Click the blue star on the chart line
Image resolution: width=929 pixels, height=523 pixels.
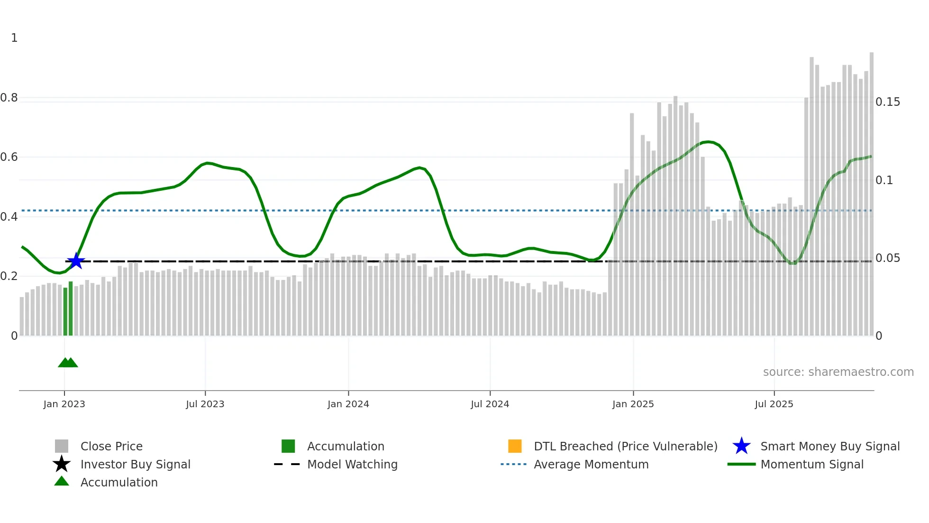click(76, 261)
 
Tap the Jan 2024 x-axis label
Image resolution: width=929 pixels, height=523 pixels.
click(348, 404)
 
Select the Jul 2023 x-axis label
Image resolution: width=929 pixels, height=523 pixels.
click(205, 404)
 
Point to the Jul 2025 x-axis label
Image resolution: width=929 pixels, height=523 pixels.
click(774, 404)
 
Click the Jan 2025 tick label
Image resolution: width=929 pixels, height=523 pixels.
click(633, 404)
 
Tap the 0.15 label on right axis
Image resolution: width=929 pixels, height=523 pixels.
click(887, 102)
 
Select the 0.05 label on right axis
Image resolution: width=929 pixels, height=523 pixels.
click(887, 258)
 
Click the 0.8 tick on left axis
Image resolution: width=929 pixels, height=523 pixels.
click(9, 98)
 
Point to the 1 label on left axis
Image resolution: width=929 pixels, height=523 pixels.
click(14, 38)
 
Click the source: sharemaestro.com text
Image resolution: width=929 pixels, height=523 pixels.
click(838, 372)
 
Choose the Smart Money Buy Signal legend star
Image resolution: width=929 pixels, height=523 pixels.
click(741, 446)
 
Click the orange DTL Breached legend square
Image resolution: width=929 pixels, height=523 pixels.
click(515, 446)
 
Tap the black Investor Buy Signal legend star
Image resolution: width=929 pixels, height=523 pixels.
click(62, 464)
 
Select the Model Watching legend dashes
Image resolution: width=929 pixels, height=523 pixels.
click(287, 464)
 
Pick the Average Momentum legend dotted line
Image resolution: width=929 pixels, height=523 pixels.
click(513, 464)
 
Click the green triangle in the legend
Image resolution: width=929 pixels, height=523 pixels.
click(62, 481)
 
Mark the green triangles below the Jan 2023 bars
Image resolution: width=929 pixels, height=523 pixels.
click(68, 363)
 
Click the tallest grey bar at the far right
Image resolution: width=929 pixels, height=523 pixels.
click(871, 190)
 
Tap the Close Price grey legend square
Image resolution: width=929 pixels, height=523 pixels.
click(62, 446)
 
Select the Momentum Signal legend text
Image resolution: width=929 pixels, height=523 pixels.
click(812, 464)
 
